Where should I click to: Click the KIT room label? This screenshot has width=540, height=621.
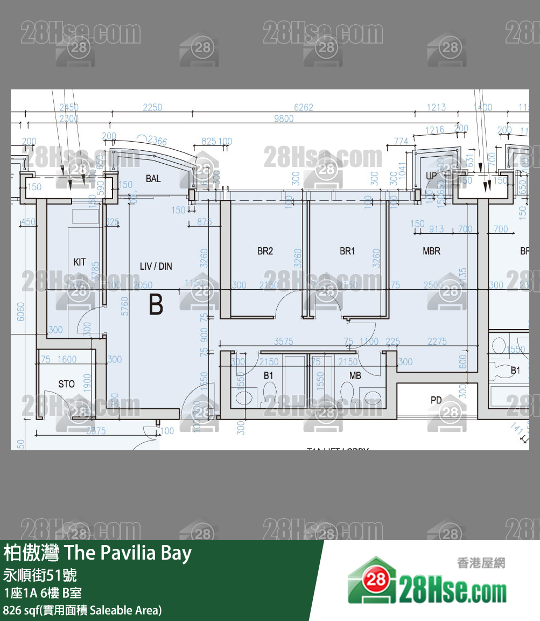point(80,262)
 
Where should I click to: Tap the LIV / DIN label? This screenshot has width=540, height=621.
point(156,266)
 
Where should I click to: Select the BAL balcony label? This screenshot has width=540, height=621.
point(153,178)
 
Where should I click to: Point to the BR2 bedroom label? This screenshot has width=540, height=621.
point(265,251)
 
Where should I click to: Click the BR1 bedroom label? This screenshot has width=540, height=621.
point(347,251)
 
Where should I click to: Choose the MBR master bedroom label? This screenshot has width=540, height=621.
point(431,251)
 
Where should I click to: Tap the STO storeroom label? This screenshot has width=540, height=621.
point(67,384)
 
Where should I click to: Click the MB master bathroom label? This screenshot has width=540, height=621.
point(355,375)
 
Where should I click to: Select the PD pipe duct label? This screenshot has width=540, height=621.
point(436,400)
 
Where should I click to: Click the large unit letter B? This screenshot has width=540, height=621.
point(156,305)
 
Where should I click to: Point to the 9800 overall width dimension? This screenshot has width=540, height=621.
point(284,118)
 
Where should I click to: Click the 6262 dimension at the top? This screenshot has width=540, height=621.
point(303,107)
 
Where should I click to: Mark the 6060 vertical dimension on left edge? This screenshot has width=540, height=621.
point(21,311)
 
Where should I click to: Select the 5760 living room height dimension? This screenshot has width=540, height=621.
point(125,306)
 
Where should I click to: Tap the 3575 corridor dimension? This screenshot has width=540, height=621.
point(284,341)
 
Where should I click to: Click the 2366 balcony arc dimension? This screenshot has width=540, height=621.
point(157,141)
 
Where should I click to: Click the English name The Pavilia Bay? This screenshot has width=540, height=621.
point(128,553)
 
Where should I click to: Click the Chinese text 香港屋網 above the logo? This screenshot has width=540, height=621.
point(481,563)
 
